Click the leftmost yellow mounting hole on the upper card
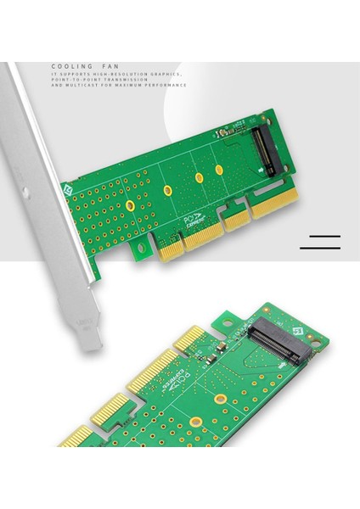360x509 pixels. point(130,205)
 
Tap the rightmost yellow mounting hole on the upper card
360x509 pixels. point(219,170)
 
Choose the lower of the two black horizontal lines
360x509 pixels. point(320,249)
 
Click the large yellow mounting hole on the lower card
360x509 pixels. point(196,422)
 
